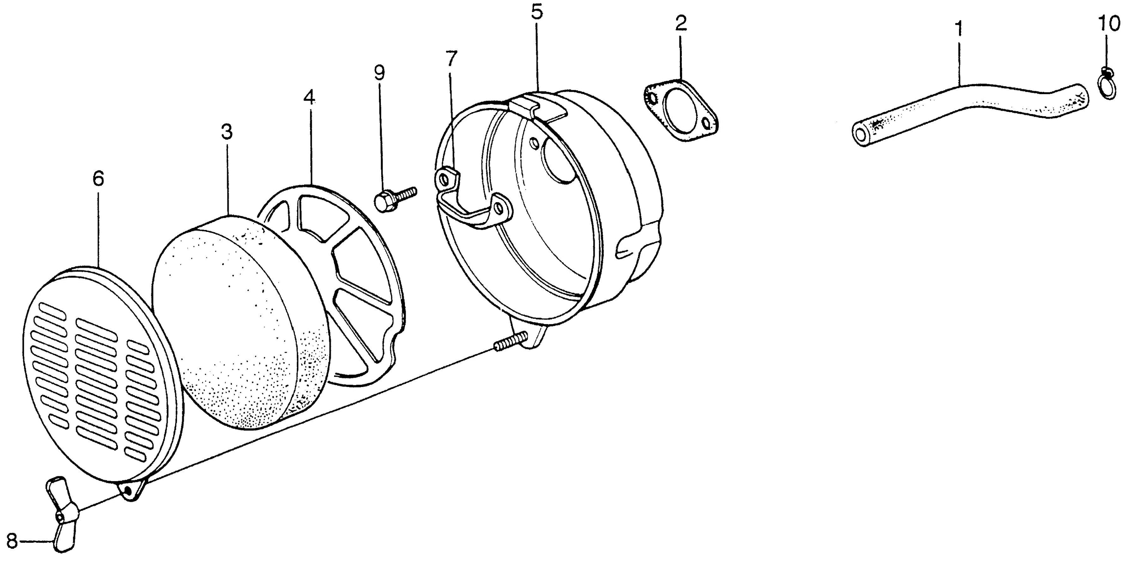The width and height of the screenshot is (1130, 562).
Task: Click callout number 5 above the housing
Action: click(537, 12)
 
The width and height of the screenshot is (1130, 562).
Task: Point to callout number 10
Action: click(1109, 24)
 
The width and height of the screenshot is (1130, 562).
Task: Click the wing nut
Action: click(61, 513)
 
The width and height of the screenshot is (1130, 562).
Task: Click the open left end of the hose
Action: click(861, 136)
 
